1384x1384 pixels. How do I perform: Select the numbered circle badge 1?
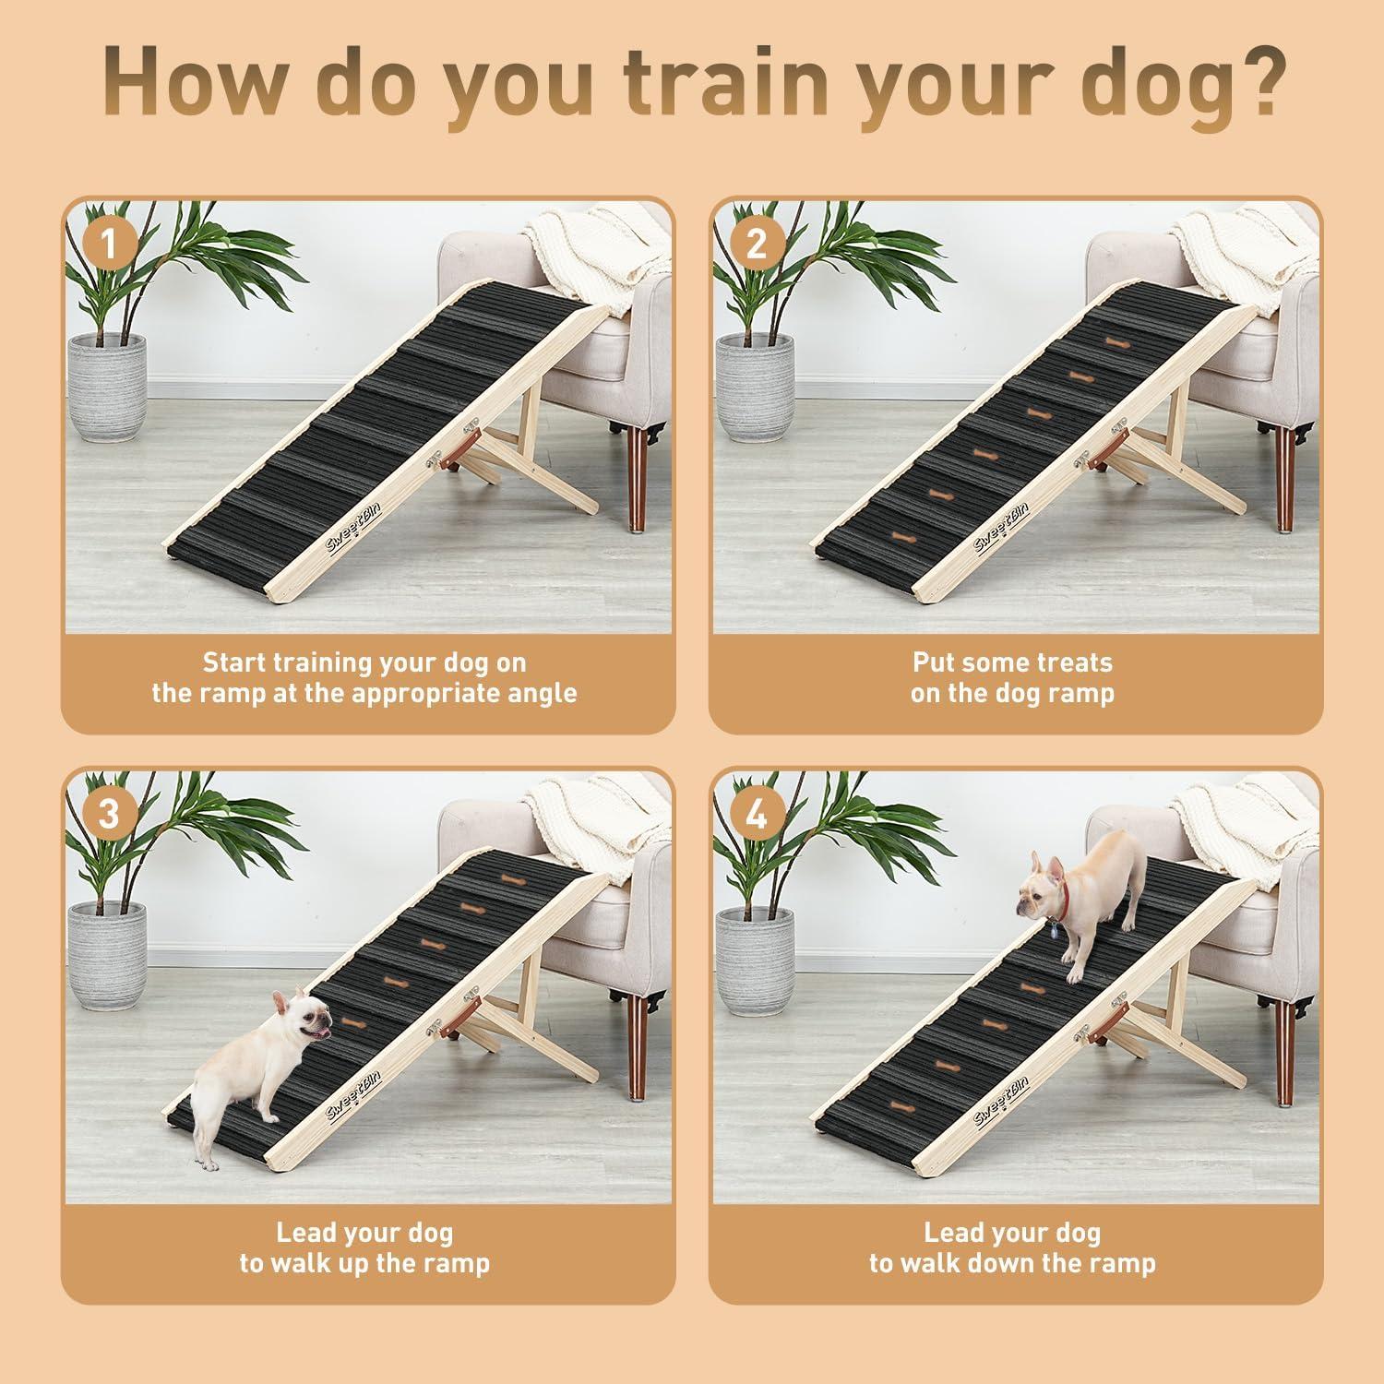coord(109,245)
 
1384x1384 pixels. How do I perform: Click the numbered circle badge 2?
coord(757,245)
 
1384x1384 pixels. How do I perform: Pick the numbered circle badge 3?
coord(109,814)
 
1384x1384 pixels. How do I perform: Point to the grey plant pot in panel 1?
coord(109,388)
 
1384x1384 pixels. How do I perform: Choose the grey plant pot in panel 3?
coord(109,956)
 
